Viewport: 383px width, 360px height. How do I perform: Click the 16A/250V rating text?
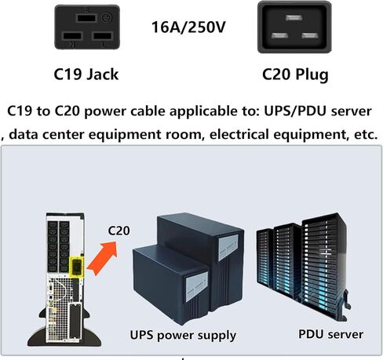(188, 27)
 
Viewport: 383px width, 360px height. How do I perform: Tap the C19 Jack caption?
(86, 75)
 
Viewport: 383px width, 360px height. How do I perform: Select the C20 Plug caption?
(295, 75)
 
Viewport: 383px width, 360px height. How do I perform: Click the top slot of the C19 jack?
(86, 18)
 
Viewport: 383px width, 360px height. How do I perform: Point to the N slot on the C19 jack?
(73, 36)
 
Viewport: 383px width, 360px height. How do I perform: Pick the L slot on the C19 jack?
(103, 36)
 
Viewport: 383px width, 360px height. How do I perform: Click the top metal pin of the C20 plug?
(294, 18)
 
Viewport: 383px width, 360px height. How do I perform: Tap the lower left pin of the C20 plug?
(279, 35)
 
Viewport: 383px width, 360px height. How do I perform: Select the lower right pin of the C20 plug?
(310, 35)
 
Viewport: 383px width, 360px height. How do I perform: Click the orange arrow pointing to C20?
(102, 258)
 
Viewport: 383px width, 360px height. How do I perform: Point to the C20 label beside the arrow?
(119, 231)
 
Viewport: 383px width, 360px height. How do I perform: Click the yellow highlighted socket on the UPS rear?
(77, 267)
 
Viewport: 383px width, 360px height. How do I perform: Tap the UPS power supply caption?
(183, 336)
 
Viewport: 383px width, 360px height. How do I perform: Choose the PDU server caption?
(330, 334)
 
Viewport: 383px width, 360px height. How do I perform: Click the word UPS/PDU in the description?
(295, 111)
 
